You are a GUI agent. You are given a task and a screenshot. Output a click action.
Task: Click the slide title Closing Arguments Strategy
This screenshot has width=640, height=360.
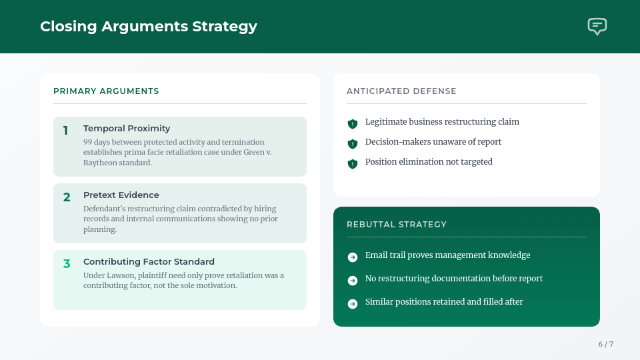148,27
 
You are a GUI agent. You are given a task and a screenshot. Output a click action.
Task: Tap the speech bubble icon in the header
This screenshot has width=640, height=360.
597,27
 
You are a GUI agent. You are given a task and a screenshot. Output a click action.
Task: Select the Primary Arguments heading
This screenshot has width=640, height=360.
106,91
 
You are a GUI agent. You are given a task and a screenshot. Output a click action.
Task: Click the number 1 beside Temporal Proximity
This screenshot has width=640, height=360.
66,131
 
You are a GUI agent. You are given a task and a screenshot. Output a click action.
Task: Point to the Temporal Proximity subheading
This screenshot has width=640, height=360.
127,129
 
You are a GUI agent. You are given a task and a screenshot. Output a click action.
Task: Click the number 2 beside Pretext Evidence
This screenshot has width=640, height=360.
67,197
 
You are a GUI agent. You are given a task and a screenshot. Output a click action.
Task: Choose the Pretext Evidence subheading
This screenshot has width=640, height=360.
121,195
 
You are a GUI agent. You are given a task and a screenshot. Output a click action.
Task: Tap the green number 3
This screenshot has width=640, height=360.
67,264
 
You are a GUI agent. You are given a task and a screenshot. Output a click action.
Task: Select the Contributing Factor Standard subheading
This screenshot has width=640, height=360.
149,262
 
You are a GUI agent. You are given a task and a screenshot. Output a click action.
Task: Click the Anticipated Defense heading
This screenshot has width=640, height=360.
401,91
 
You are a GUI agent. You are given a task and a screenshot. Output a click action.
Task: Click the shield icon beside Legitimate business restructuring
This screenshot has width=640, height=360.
353,123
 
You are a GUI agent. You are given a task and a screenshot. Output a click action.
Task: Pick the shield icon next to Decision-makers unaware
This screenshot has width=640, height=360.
353,143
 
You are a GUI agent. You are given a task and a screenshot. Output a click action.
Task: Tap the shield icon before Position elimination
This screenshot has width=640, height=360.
353,163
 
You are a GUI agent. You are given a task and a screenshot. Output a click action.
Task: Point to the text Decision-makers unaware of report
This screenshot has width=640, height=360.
433,142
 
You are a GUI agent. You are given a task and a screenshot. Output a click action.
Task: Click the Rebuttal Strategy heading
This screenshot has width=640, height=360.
397,225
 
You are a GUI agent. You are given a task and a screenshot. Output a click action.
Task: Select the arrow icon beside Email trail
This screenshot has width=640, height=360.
353,257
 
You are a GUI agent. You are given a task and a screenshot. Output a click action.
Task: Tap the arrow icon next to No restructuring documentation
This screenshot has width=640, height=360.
353,281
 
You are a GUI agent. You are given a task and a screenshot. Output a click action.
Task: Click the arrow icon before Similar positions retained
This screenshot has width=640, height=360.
353,304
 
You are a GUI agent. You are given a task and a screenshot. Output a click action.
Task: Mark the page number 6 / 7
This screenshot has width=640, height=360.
605,344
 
